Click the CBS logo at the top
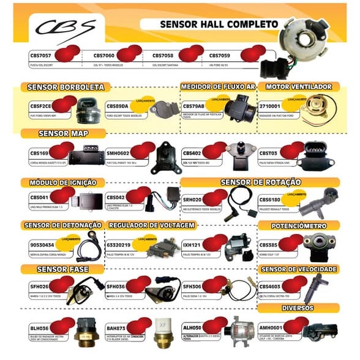pos(65,28)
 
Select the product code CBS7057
pos(42,55)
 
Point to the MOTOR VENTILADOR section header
pos(299,87)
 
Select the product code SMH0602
pos(118,153)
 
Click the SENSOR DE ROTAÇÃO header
pos(260,182)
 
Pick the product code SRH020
pos(193,200)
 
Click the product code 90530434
pos(42,245)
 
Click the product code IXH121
pos(192,245)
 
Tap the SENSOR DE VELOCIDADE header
pos(299,269)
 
